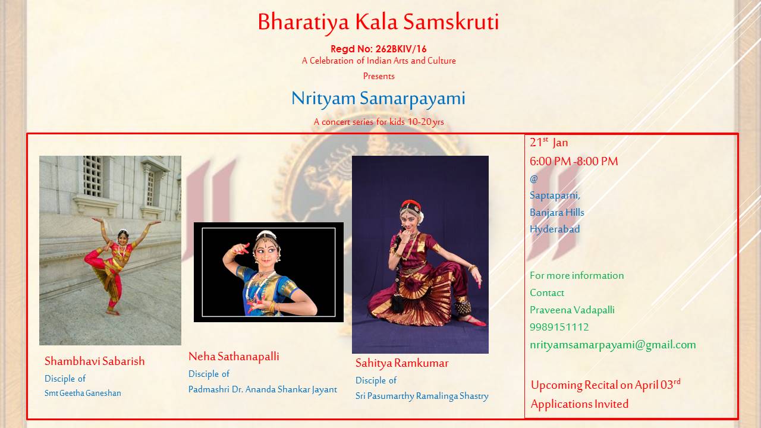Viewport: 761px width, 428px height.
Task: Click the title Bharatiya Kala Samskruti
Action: tap(378, 23)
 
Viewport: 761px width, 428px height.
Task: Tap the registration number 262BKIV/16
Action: tap(401, 49)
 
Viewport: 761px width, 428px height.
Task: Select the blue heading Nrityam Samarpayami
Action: tap(378, 99)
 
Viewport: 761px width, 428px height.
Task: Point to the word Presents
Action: tap(379, 76)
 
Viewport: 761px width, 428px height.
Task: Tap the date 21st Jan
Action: tap(549, 142)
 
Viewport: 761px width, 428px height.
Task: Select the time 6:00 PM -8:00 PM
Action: tap(574, 161)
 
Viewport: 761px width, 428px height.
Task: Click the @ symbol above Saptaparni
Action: tap(534, 179)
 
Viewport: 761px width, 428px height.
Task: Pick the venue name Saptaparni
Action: tap(555, 196)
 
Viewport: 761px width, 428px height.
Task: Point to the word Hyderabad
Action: tap(555, 229)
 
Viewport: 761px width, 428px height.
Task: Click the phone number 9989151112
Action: tap(559, 327)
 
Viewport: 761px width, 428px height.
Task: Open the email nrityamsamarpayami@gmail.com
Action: tap(613, 345)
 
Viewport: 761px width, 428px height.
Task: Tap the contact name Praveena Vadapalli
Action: tap(572, 310)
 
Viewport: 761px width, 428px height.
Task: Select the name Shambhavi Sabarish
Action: tap(95, 361)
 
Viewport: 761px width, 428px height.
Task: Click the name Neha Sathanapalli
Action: tap(234, 357)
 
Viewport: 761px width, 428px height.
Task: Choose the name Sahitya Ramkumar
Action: tap(402, 363)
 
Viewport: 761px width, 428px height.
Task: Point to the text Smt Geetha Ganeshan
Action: tap(83, 393)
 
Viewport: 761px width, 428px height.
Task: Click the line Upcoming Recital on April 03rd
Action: tap(606, 385)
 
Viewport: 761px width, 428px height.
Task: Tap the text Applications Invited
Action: tap(580, 404)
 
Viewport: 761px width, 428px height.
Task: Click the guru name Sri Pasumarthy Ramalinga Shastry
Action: tap(422, 396)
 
